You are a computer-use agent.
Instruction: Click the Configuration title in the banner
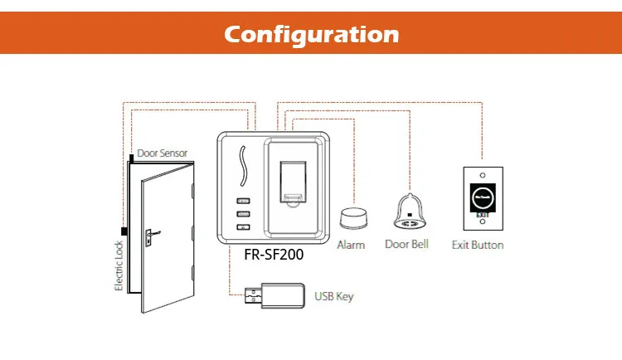click(311, 35)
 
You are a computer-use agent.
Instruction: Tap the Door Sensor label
click(163, 153)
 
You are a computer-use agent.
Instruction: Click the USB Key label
click(334, 296)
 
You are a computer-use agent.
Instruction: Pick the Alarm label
click(352, 245)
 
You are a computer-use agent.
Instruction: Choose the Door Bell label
click(407, 245)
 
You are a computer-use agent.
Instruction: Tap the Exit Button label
click(477, 245)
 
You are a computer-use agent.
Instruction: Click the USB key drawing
click(266, 295)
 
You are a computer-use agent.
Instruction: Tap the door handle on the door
click(148, 236)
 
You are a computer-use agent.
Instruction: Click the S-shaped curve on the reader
click(242, 165)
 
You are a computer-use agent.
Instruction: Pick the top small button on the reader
click(243, 201)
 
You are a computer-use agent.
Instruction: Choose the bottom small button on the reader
click(243, 227)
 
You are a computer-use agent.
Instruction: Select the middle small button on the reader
click(243, 214)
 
